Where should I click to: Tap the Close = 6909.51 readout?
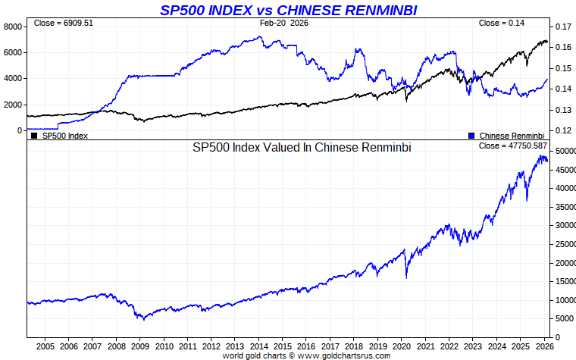(64, 23)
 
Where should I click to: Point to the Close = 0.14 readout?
(502, 23)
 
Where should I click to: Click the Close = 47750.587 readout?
(513, 145)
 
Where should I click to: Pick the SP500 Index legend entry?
(61, 136)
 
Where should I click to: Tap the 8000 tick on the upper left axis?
(13, 27)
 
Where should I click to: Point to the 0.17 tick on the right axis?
(562, 27)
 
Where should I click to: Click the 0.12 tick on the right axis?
(562, 130)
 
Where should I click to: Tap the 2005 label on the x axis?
(44, 346)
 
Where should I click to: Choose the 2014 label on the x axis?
(259, 346)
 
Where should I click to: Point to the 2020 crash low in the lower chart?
(407, 278)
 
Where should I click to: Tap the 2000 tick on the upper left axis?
(13, 105)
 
